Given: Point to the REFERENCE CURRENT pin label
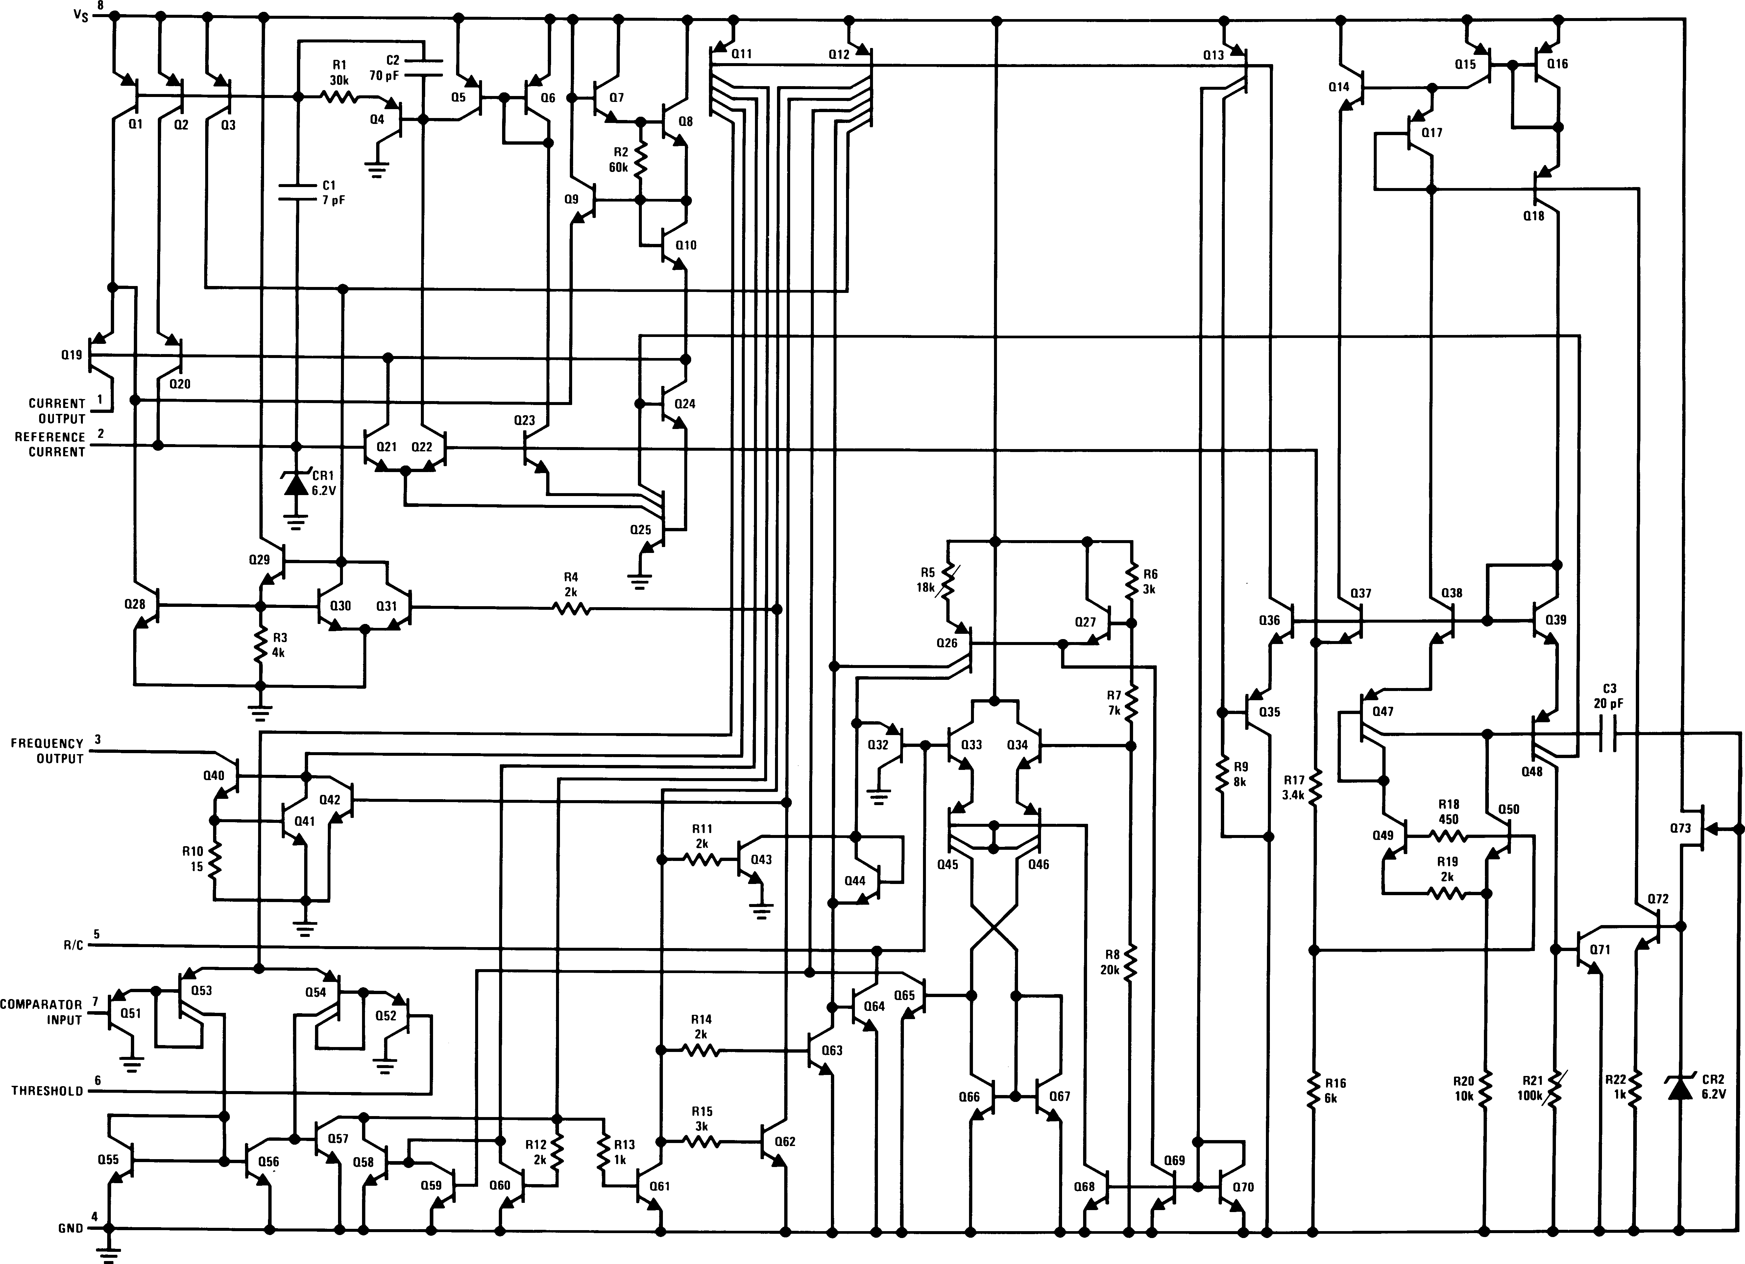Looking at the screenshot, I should tap(49, 445).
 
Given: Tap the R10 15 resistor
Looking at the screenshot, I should tap(215, 859).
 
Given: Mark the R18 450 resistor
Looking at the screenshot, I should tap(1448, 835).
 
